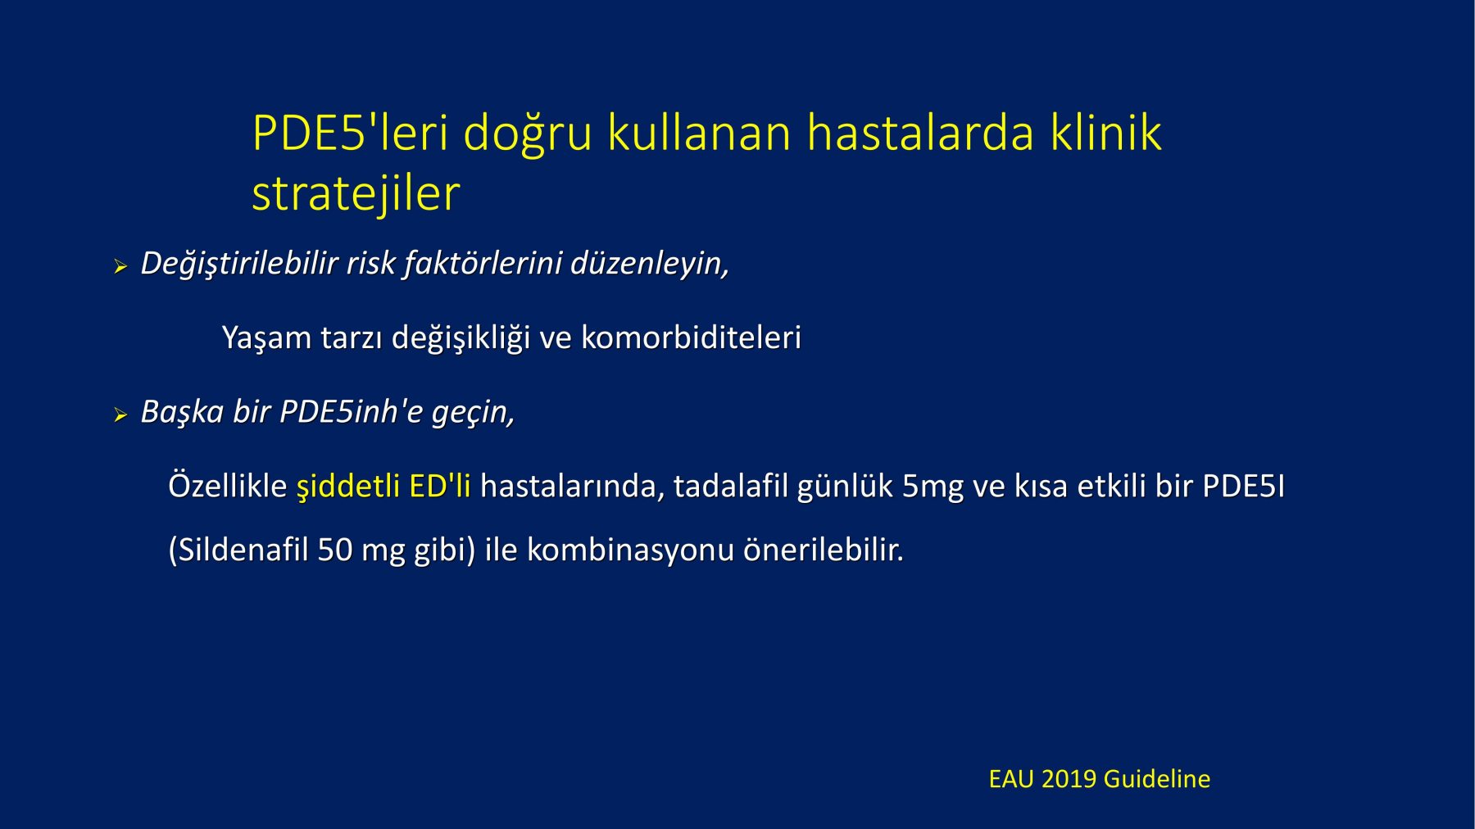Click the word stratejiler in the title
[356, 195]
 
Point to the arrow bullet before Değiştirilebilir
[120, 266]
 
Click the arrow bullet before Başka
[120, 415]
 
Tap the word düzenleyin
[649, 264]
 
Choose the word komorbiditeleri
[691, 337]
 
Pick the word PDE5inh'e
[351, 411]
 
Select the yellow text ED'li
[440, 486]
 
